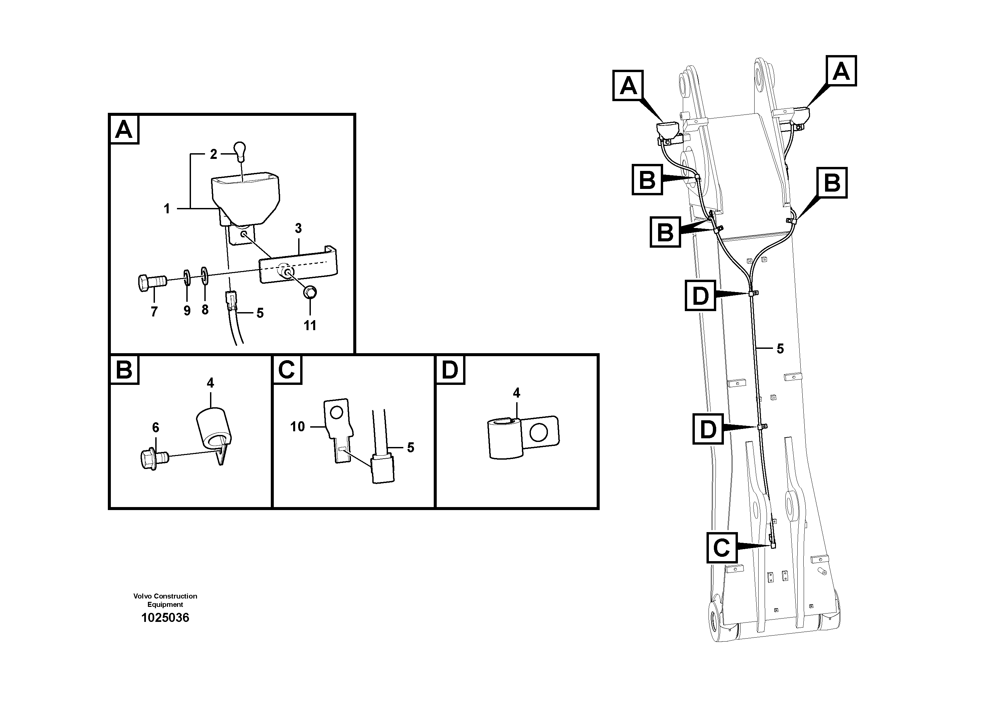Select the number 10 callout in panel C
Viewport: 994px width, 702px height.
297,426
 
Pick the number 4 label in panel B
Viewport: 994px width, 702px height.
210,383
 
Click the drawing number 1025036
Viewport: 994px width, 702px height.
165,618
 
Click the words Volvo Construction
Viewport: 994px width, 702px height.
165,596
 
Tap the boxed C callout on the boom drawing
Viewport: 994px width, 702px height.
722,547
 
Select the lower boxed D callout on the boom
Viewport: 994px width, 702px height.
708,429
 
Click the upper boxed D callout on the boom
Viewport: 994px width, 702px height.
700,296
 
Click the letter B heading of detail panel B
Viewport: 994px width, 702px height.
124,370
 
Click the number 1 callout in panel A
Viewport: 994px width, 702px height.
167,209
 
